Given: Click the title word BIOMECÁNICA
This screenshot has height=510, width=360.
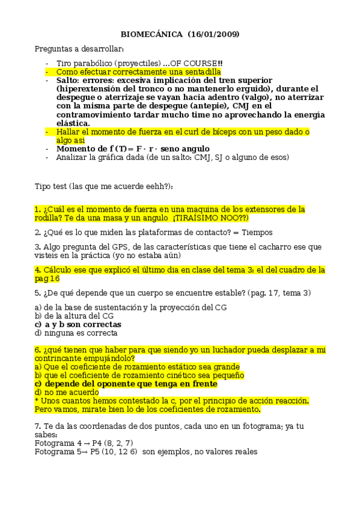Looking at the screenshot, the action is [x=148, y=34].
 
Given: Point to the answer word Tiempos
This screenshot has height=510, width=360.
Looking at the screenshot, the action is [x=258, y=232].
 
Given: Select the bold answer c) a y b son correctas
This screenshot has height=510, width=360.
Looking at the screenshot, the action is [x=78, y=325].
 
